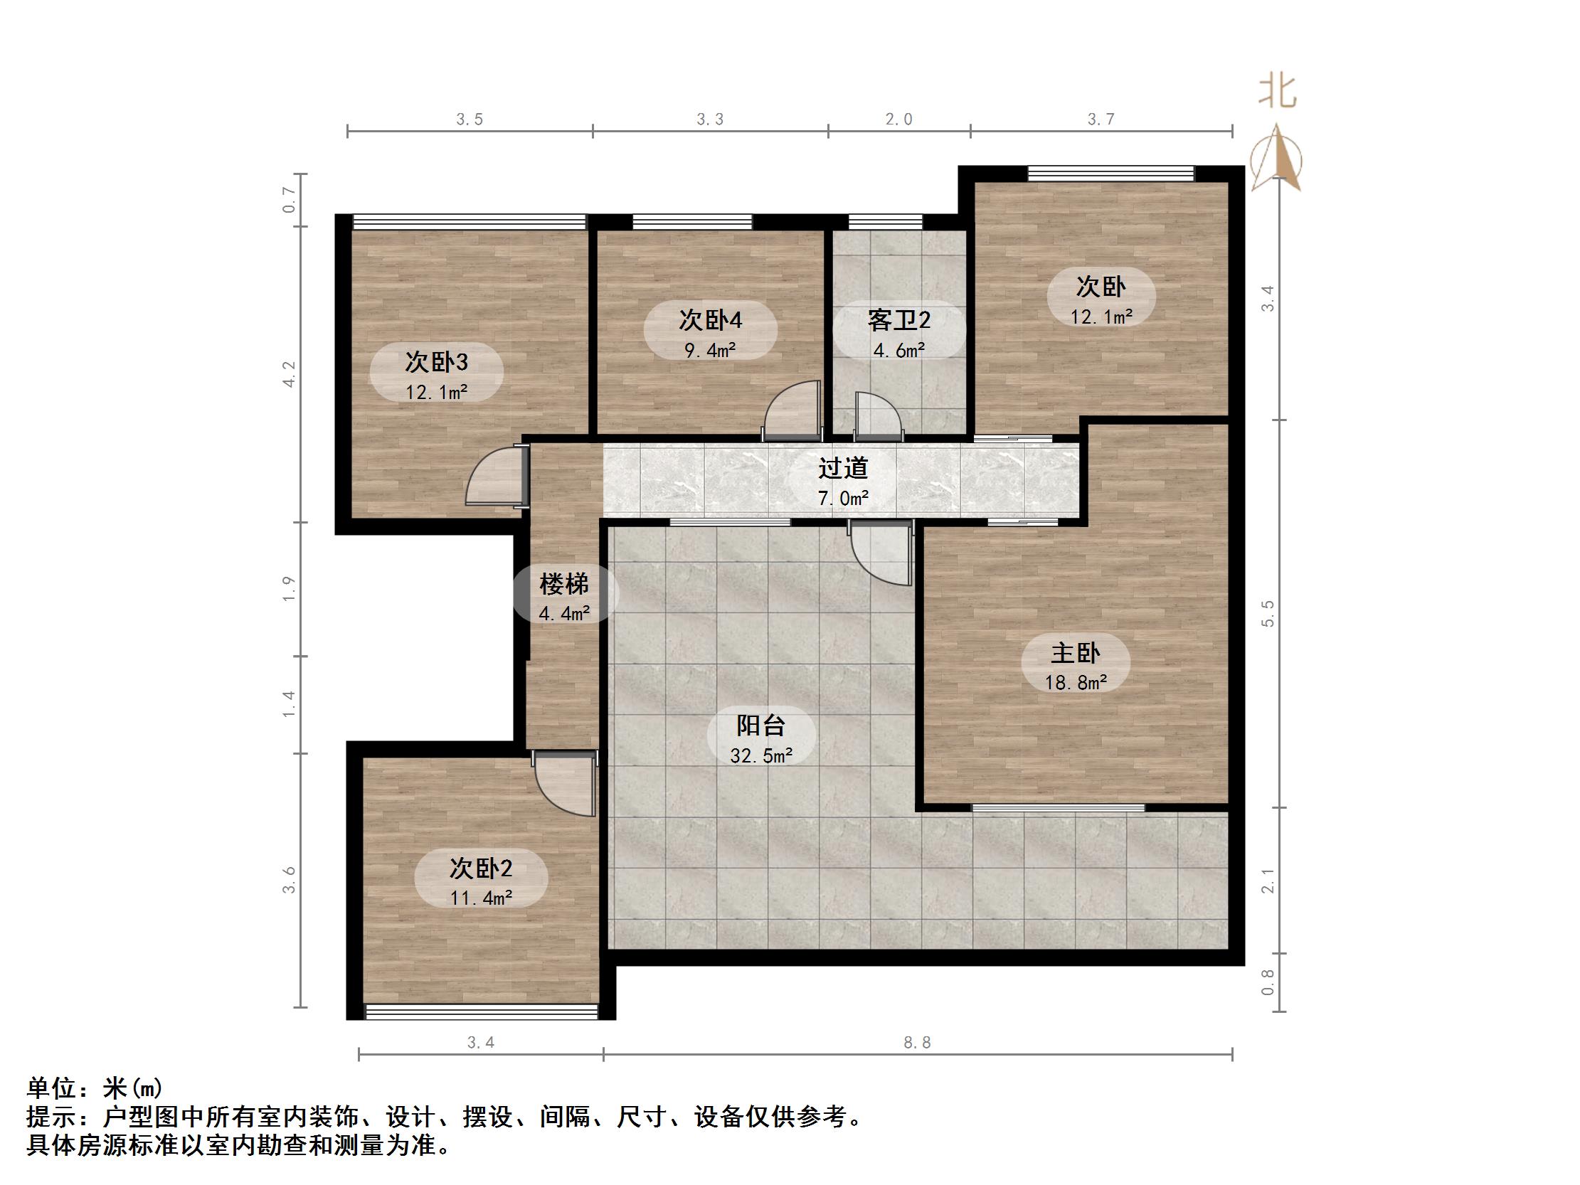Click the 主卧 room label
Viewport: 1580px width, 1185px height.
[1075, 653]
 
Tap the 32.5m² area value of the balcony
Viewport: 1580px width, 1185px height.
[760, 755]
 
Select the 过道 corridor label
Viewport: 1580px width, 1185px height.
[843, 468]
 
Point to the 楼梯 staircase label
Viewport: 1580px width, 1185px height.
[563, 584]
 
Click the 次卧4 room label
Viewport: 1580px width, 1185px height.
[710, 320]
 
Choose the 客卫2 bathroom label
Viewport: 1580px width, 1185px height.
[898, 320]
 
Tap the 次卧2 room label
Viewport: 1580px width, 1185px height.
[481, 868]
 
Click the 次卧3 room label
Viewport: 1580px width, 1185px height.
[435, 361]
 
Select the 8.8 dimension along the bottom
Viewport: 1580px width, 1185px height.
[917, 1043]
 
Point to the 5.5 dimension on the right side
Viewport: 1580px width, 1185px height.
[1268, 614]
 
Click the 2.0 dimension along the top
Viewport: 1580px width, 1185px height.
[898, 119]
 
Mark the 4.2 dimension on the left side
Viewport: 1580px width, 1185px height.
[289, 374]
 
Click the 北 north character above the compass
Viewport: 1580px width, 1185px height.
[1277, 93]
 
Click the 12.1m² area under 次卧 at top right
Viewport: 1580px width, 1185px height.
[1101, 317]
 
